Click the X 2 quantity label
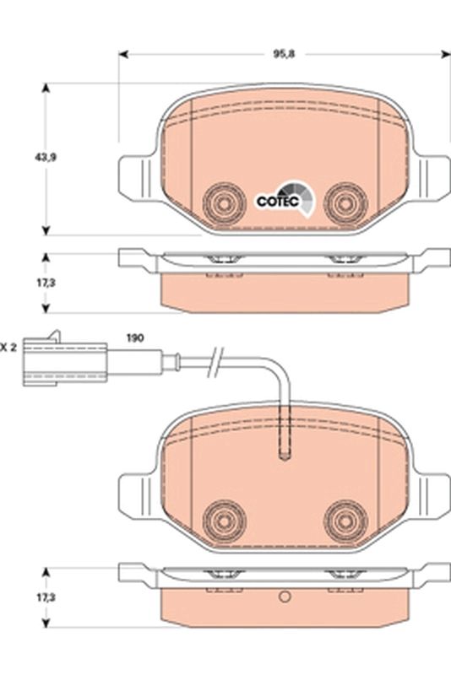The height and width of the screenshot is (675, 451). (8, 346)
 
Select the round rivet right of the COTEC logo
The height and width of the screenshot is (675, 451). (344, 201)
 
